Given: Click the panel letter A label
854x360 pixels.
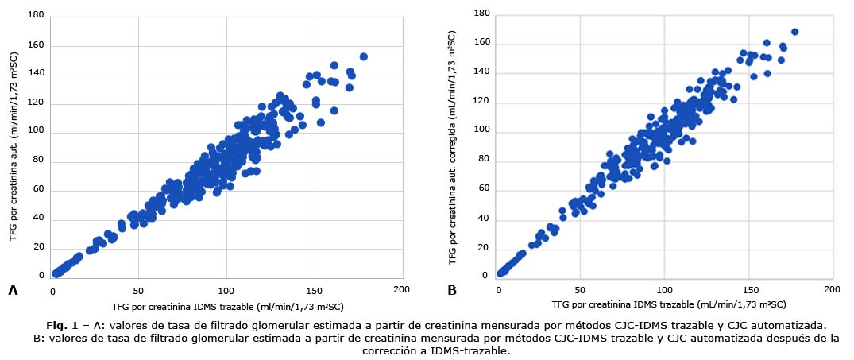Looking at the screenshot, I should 13,291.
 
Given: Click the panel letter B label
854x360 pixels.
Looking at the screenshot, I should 452,291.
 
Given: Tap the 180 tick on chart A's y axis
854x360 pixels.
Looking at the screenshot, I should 35,16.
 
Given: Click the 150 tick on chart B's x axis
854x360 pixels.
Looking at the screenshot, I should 745,288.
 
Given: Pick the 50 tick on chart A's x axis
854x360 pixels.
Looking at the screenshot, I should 138,288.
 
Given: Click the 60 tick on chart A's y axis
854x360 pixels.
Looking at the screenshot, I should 37,191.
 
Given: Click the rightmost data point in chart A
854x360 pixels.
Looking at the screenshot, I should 363,57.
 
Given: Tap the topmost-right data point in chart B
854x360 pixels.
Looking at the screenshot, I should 794,33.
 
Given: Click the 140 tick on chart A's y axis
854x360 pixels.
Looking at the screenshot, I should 35,75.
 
